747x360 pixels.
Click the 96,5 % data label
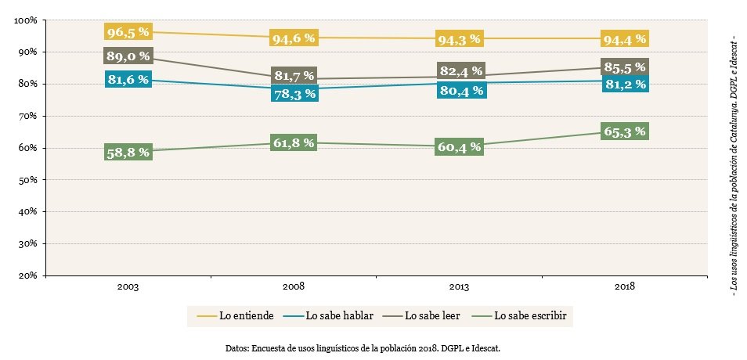coord(127,32)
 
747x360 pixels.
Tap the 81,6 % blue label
coord(127,79)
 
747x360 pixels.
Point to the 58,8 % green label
coord(127,152)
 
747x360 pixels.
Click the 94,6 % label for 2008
coord(293,38)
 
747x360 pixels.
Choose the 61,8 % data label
coord(293,142)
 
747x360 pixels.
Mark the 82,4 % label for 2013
coord(460,71)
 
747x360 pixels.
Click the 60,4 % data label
coord(460,146)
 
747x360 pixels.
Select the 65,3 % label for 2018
coord(624,131)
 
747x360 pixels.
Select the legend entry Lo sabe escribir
coord(528,316)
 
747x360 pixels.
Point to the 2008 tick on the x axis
coord(293,287)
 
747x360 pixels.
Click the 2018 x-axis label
coord(624,287)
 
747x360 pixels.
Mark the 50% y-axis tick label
coord(28,179)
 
